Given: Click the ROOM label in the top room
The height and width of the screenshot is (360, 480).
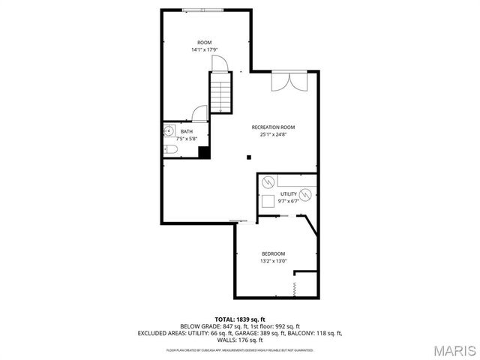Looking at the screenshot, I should tap(204, 42).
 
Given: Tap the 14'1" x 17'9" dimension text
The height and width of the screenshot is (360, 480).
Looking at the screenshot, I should tap(204, 50).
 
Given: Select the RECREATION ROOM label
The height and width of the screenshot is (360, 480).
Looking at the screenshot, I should tap(272, 127).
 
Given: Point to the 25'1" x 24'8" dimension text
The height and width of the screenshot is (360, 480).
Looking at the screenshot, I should tap(272, 135).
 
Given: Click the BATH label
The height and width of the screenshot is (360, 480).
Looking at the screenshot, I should tap(185, 131).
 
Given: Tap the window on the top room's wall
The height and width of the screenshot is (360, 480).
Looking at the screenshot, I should tap(205, 10).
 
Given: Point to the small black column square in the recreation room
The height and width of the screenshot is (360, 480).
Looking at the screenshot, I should tap(250, 157).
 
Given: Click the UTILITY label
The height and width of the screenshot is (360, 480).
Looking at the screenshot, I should tap(289, 194).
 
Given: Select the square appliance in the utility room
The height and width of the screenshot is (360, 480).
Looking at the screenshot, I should tap(268, 200).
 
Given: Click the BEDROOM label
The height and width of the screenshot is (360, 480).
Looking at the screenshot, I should tap(273, 253).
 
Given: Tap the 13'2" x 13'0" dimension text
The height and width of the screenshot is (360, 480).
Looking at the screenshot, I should tap(273, 261).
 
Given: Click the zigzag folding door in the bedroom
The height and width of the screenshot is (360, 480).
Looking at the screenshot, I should tap(295, 285).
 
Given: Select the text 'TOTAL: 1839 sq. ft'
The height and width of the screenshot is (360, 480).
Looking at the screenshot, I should tap(239, 319).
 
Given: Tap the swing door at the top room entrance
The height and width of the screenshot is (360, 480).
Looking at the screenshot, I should tap(217, 63).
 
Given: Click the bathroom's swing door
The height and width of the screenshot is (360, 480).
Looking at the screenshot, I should tap(199, 113).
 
